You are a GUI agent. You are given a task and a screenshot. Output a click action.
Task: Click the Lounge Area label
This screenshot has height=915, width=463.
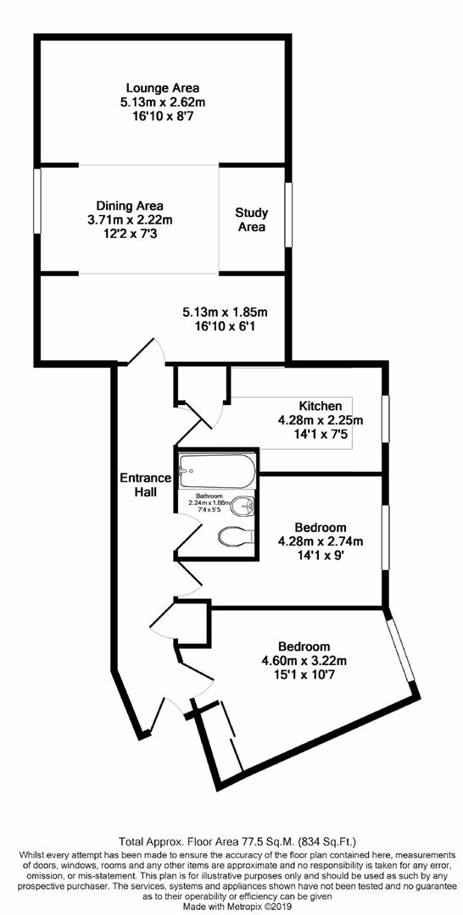[162, 87]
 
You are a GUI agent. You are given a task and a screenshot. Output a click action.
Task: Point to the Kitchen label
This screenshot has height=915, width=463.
[320, 406]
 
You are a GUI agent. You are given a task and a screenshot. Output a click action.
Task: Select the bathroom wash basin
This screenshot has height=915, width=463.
[243, 505]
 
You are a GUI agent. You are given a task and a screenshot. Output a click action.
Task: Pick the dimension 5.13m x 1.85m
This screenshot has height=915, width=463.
[225, 312]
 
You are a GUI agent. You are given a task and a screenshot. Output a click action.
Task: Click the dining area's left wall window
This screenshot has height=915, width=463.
[37, 199]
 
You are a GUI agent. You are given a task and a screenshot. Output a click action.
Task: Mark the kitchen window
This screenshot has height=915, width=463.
[385, 419]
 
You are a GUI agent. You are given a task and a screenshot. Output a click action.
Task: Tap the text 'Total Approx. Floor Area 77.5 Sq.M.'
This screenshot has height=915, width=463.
[231, 842]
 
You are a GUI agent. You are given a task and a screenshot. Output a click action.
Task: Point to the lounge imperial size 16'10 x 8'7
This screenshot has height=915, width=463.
[162, 114]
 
